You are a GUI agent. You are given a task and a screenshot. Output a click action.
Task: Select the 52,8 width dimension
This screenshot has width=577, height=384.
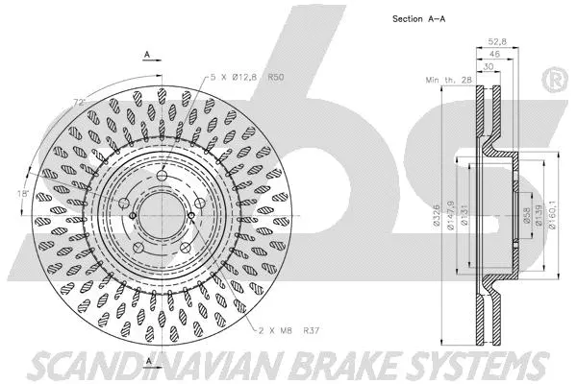coord(497,42)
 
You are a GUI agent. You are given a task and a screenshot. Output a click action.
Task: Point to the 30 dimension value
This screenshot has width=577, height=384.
coord(490,67)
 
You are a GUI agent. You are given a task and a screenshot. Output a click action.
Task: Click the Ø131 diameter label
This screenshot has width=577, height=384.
coord(465,215)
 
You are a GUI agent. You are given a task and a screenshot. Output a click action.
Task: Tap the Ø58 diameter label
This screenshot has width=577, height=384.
coord(526,215)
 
